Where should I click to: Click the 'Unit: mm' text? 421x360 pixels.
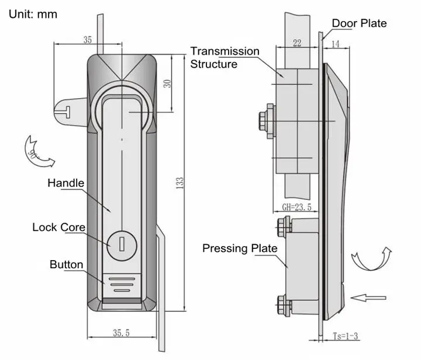[33, 13]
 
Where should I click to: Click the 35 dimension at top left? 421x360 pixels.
[87, 40]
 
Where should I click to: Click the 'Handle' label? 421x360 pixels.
[65, 183]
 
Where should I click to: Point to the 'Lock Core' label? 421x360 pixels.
[58, 227]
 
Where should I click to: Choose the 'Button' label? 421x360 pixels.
[66, 264]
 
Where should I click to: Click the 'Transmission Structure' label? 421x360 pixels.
[225, 57]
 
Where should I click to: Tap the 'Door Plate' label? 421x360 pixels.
[359, 23]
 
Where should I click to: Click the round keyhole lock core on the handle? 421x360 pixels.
[120, 244]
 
